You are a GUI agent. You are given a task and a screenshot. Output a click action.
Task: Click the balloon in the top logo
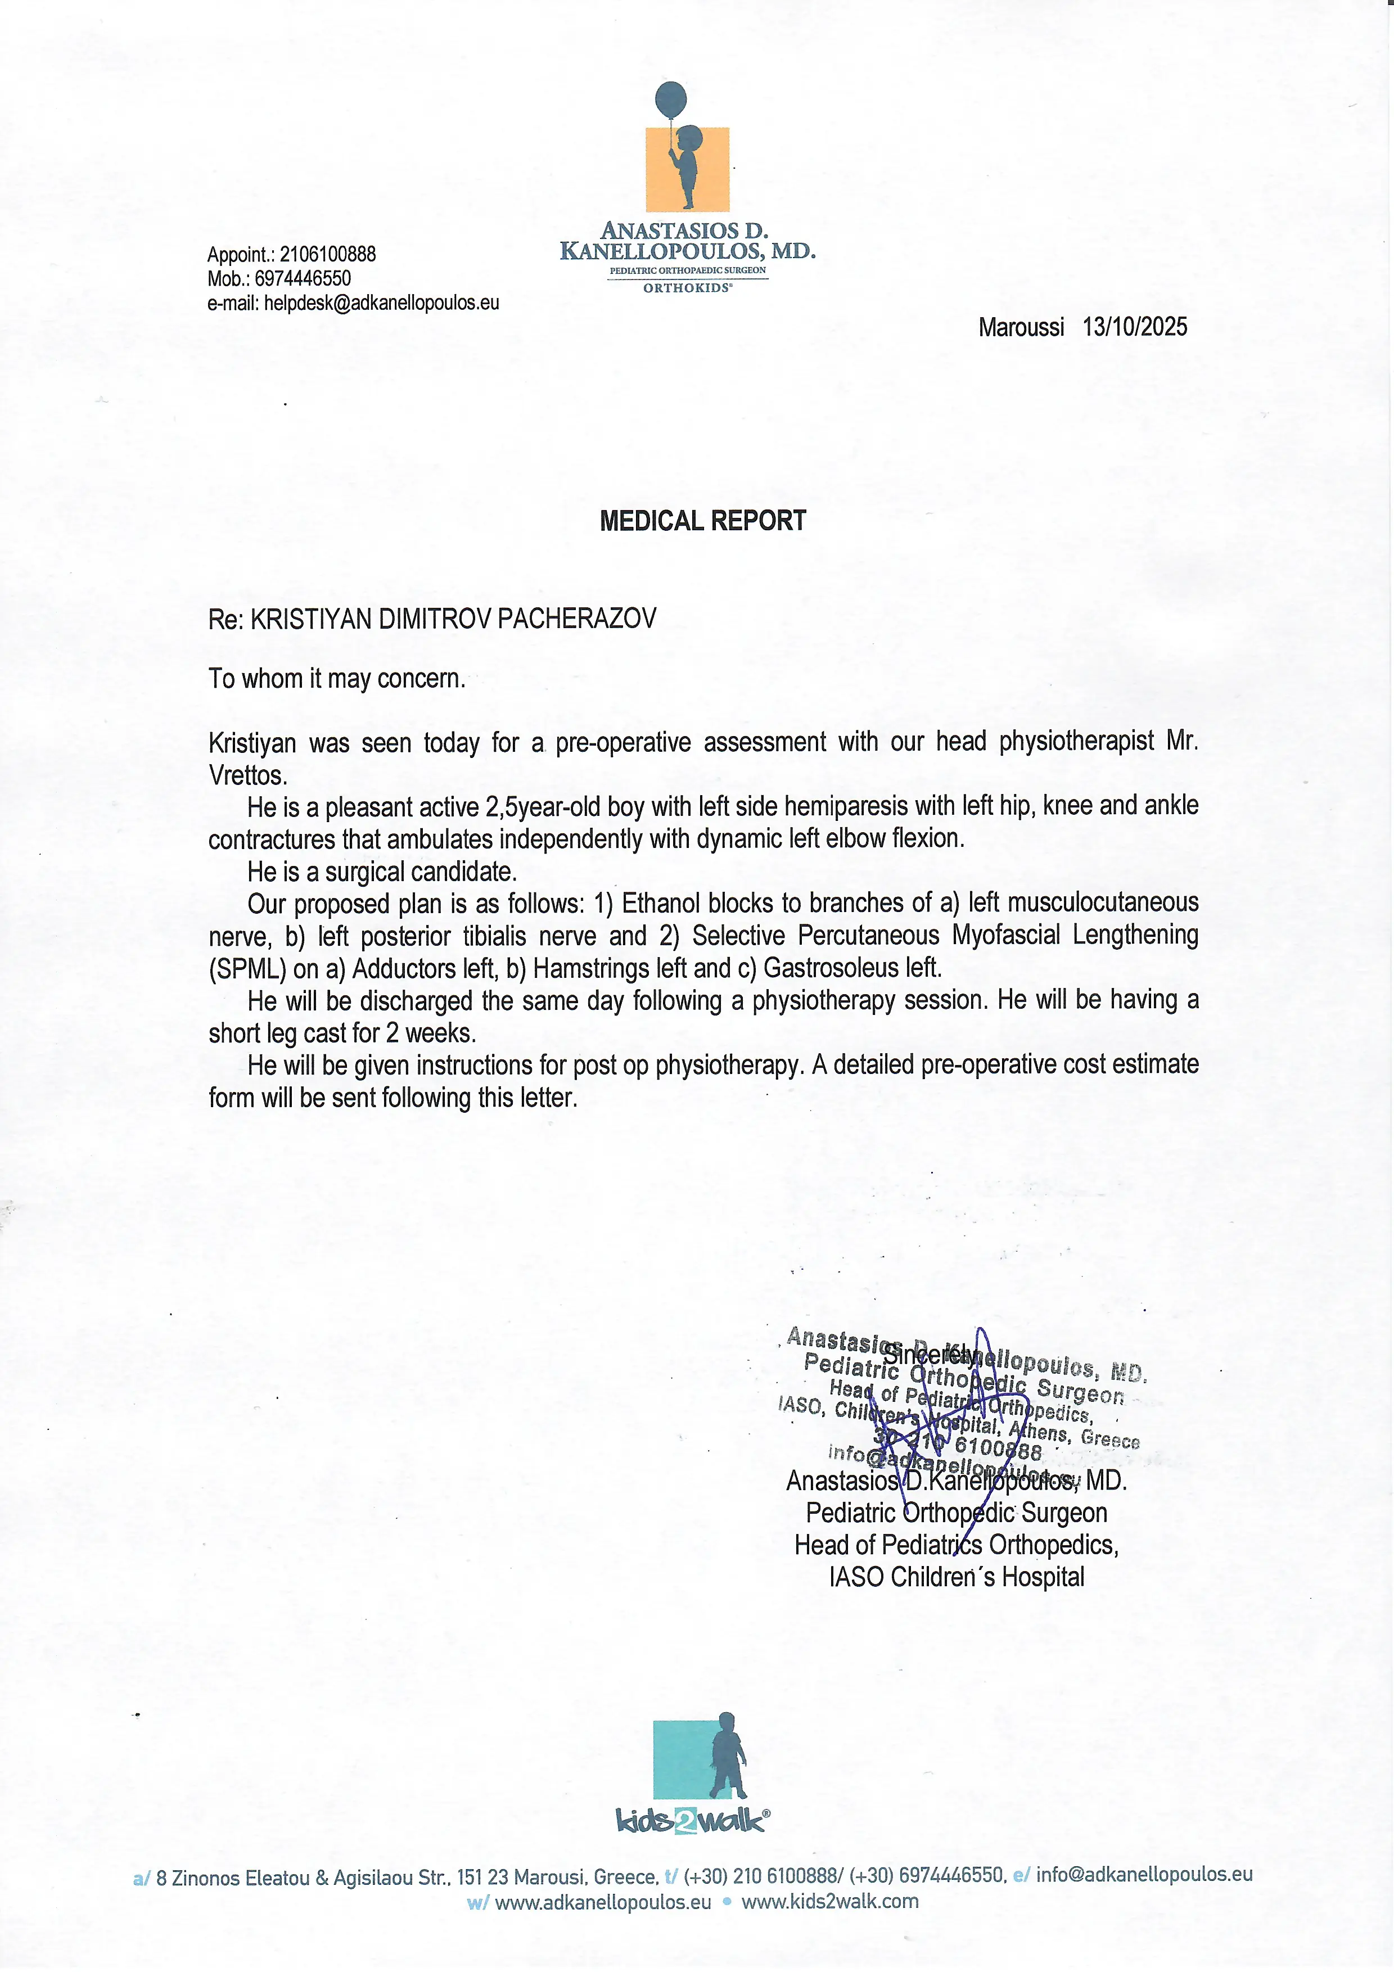point(671,101)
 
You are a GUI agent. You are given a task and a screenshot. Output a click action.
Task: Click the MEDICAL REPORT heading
point(702,521)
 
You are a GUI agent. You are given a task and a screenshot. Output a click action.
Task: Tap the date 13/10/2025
point(1135,327)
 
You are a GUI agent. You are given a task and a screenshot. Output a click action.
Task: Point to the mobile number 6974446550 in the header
point(303,278)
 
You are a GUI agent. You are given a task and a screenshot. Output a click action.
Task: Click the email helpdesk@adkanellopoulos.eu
point(381,303)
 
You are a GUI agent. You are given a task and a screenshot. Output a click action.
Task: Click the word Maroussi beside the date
point(1021,327)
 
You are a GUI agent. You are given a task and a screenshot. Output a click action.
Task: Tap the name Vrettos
point(247,775)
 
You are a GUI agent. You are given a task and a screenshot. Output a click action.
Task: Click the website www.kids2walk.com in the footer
point(829,1902)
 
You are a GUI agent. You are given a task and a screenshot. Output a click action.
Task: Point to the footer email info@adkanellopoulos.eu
point(1144,1874)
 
